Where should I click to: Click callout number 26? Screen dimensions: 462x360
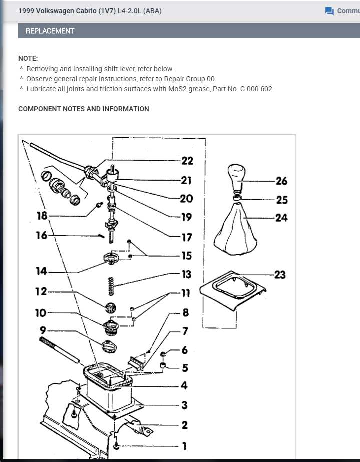(281, 181)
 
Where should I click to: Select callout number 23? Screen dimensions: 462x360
(280, 274)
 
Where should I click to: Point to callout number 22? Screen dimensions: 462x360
(187, 161)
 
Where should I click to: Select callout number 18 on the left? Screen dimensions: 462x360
(42, 216)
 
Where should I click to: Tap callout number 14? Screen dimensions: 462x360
(41, 271)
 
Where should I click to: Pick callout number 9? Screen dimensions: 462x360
(43, 330)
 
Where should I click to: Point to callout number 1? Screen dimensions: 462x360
(184, 446)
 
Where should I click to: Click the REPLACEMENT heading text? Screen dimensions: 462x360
(50, 31)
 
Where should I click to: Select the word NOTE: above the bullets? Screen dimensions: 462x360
(28, 58)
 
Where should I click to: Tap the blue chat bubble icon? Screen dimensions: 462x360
(329, 11)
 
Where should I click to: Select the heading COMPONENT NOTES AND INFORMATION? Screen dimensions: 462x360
(83, 109)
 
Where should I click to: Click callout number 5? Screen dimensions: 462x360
(185, 368)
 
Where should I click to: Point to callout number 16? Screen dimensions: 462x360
(41, 235)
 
